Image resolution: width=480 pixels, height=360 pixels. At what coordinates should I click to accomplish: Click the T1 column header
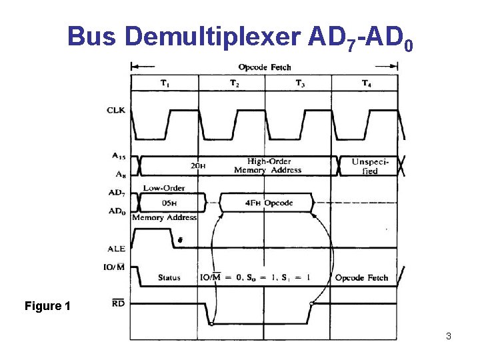pyautogui.click(x=165, y=83)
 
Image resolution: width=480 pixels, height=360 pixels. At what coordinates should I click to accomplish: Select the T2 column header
pyautogui.click(x=234, y=83)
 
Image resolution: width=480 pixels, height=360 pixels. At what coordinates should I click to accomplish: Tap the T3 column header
pyautogui.click(x=301, y=83)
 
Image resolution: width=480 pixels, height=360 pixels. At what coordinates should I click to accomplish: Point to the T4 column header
pyautogui.click(x=367, y=83)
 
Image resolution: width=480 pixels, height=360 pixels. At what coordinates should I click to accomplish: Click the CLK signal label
pyautogui.click(x=116, y=110)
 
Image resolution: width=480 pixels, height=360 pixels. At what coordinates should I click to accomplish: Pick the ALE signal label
pyautogui.click(x=116, y=249)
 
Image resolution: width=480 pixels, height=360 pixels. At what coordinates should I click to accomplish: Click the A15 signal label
pyautogui.click(x=118, y=156)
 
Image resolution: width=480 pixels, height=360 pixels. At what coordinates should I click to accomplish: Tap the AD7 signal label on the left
pyautogui.click(x=117, y=193)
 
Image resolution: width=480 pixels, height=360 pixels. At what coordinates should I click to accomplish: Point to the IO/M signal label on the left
pyautogui.click(x=115, y=267)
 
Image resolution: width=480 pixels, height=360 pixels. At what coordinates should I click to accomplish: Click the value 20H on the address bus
pyautogui.click(x=198, y=166)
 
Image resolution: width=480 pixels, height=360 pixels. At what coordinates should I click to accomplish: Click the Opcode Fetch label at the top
pyautogui.click(x=265, y=67)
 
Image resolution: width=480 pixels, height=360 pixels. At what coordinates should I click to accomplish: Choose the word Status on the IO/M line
pyautogui.click(x=169, y=277)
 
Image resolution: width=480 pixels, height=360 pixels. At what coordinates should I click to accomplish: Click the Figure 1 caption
pyautogui.click(x=47, y=306)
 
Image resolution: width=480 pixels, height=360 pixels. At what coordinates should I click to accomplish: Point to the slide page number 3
pyautogui.click(x=449, y=336)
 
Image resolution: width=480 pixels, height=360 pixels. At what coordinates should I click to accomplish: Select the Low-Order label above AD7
pyautogui.click(x=164, y=188)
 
